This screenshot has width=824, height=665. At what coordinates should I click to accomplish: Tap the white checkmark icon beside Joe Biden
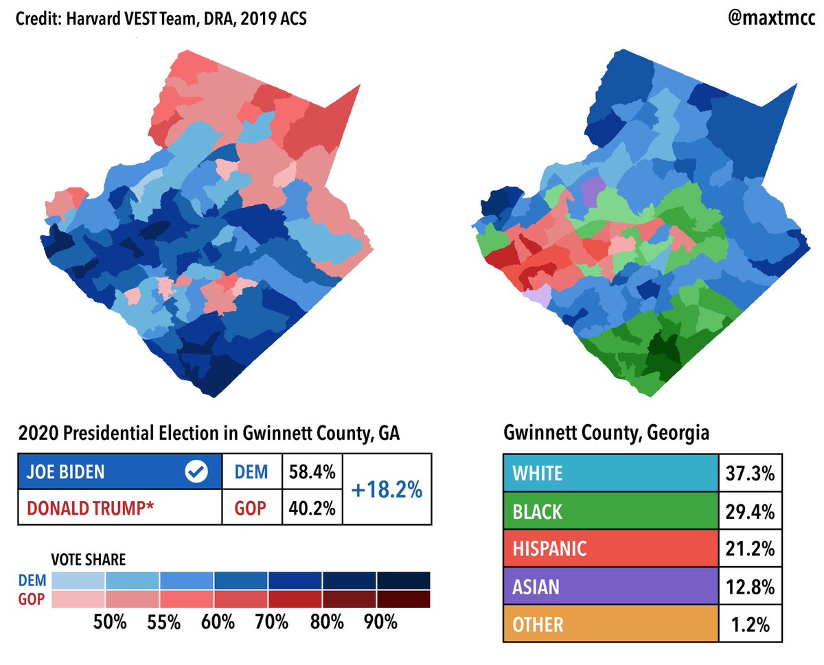(197, 472)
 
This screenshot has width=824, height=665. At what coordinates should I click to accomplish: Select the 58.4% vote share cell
(312, 472)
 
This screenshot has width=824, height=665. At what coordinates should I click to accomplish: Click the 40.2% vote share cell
(312, 508)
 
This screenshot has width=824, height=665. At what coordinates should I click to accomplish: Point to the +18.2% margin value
(387, 490)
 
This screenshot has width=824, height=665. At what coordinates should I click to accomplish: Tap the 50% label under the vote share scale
(110, 622)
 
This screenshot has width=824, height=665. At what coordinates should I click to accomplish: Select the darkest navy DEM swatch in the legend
(403, 581)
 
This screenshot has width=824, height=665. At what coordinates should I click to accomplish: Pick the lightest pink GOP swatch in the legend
(78, 599)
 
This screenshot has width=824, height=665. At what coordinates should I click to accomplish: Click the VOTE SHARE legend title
(89, 560)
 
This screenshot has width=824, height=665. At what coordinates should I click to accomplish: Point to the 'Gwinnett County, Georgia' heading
(606, 434)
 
